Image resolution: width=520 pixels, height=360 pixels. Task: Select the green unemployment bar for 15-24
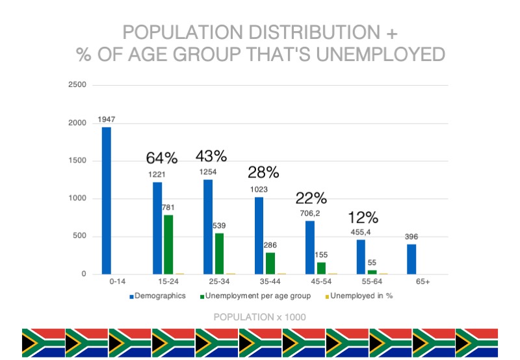point(168,244)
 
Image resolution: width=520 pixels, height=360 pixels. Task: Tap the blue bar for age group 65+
point(412,259)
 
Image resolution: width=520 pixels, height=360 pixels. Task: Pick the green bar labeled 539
point(219,253)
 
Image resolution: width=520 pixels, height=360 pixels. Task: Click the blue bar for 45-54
point(310,248)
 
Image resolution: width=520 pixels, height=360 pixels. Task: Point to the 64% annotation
point(161,158)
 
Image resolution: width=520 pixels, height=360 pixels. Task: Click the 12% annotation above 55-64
point(363,218)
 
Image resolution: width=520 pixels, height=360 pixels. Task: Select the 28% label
point(263,172)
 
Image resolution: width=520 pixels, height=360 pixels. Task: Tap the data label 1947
point(106,120)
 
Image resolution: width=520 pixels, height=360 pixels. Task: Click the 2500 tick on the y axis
point(76,85)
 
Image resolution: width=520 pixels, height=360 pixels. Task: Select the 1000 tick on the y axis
point(76,199)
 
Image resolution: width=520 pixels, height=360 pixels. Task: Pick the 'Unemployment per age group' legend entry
point(257,296)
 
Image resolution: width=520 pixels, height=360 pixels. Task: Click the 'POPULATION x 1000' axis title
point(260,316)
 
